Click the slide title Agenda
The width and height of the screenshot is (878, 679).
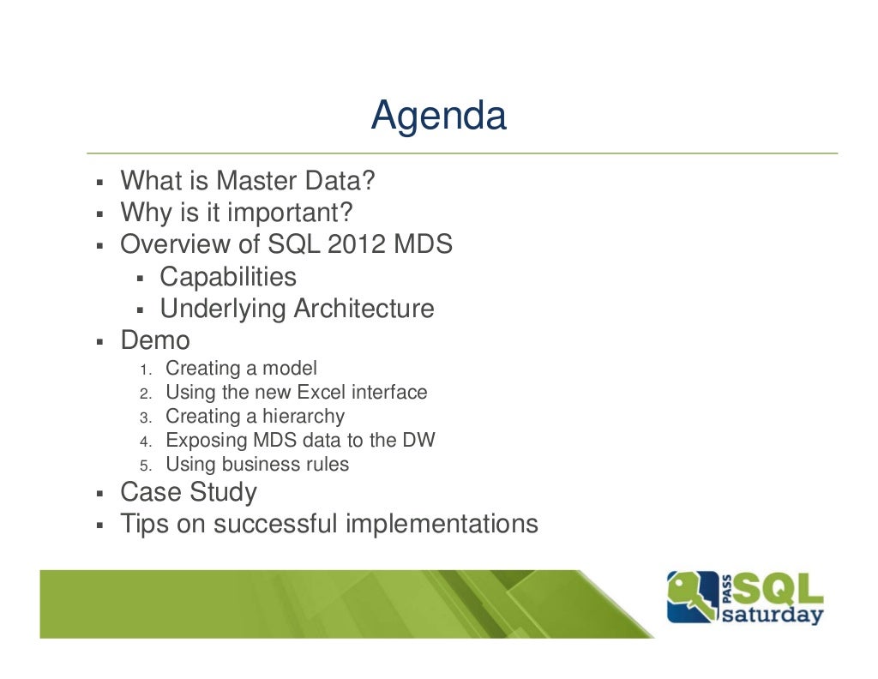438,116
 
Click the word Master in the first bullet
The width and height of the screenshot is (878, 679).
258,181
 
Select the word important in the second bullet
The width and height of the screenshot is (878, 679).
291,213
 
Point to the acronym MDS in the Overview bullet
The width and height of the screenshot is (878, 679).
423,244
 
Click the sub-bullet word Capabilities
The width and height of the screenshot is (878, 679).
228,277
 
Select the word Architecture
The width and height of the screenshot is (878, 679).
364,309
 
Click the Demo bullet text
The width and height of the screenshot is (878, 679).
155,340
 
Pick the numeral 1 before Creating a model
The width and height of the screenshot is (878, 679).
144,370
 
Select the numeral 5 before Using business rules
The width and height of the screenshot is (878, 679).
145,466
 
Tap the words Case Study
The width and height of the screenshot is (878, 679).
189,492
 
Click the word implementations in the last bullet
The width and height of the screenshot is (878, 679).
442,523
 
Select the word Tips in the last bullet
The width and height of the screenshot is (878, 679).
145,523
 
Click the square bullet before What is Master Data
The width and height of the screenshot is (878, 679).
99,183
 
